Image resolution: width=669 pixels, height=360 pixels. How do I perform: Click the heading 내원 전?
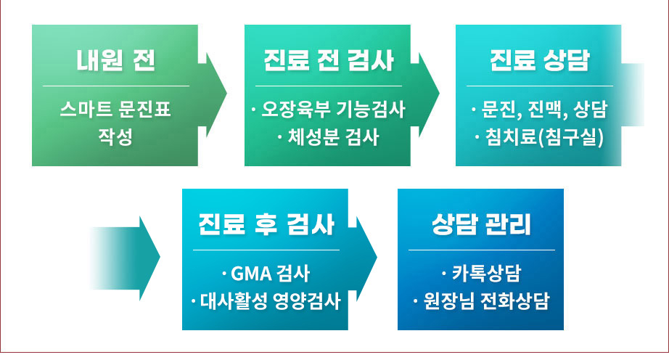tap(115, 60)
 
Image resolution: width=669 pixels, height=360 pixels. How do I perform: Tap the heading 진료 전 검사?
tap(328, 60)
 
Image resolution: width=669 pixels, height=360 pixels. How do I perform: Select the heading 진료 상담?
tap(539, 60)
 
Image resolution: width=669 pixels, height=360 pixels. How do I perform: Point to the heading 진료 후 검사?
tap(266, 224)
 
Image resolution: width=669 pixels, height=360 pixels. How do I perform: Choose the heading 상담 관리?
tap(481, 224)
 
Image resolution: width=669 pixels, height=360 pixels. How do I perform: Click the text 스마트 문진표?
tap(115, 109)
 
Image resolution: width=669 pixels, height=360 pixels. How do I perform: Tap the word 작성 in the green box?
tap(115, 137)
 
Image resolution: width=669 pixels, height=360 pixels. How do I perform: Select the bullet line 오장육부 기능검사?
tap(328, 109)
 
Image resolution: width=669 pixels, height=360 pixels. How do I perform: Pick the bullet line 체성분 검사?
tap(328, 137)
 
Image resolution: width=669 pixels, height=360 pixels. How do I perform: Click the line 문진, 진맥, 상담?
tap(539, 109)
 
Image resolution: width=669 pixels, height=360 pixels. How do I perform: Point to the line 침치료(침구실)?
tap(539, 137)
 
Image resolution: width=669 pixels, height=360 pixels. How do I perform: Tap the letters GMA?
tap(252, 274)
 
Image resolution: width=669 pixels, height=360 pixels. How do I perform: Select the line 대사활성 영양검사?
tap(266, 301)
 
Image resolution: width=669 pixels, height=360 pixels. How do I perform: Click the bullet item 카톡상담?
tap(481, 274)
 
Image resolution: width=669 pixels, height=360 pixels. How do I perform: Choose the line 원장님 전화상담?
tap(481, 301)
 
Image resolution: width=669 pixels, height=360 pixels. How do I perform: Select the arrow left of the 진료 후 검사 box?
tap(126, 258)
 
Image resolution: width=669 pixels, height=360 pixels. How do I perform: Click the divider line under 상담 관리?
tap(481, 250)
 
